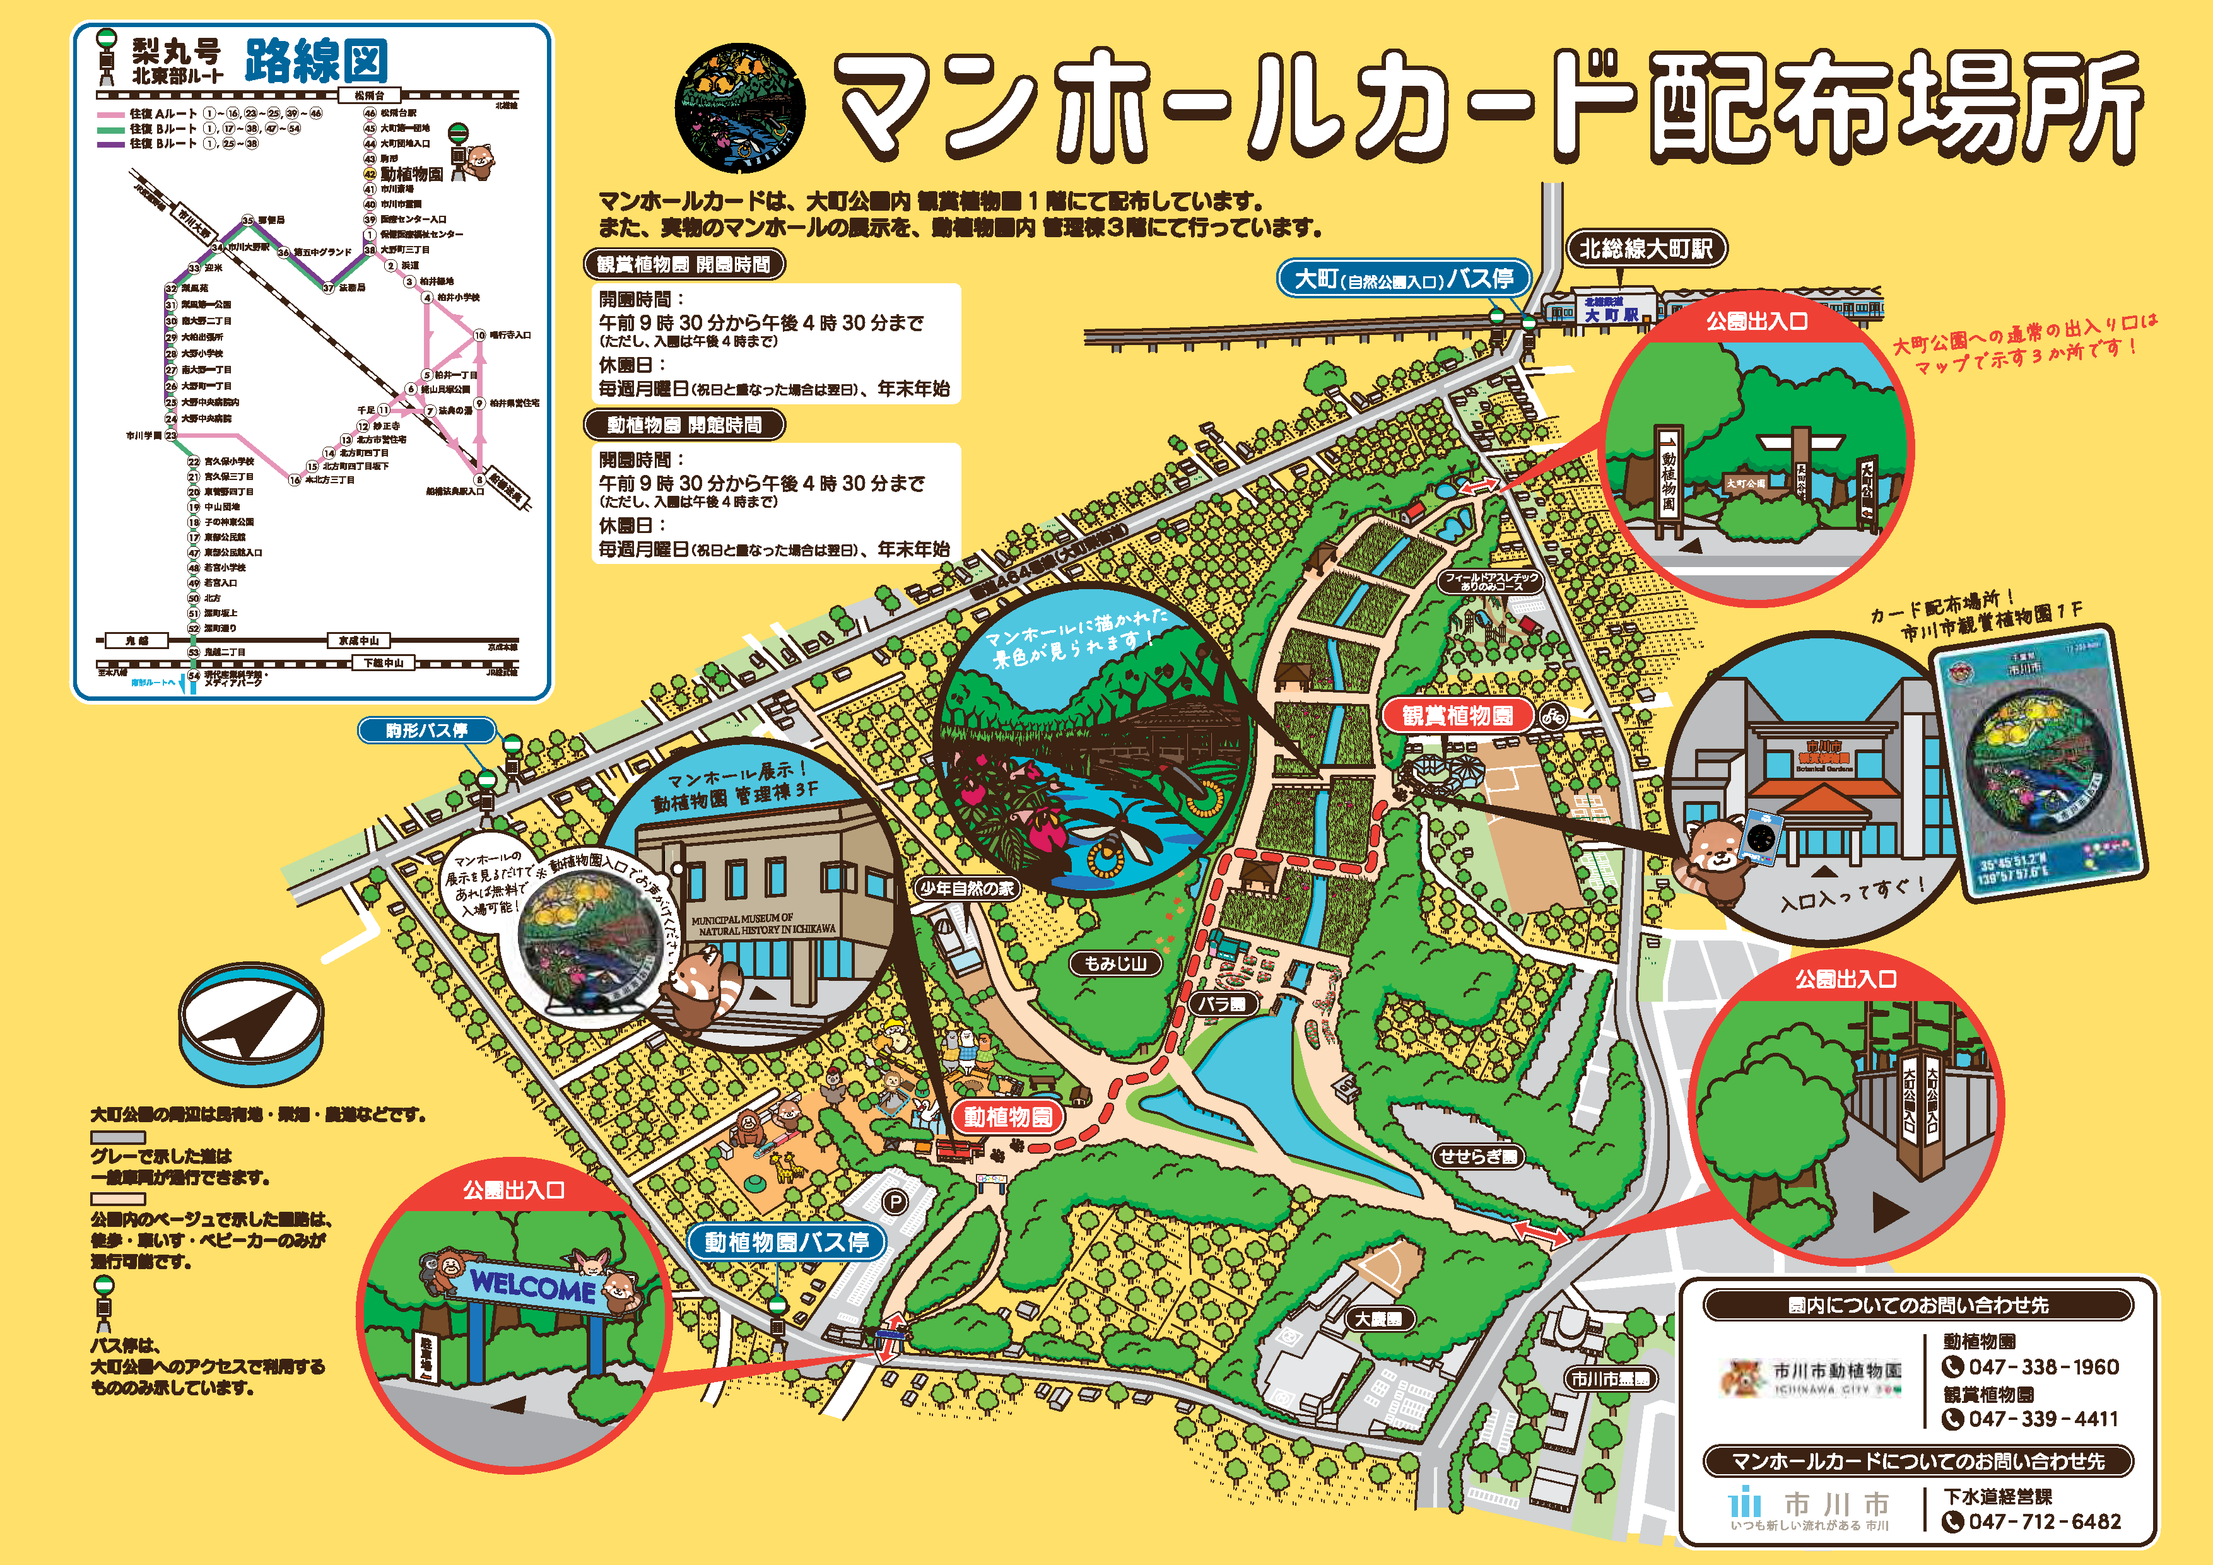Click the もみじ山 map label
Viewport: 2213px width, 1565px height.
(1116, 963)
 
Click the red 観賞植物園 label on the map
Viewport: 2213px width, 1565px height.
(1457, 715)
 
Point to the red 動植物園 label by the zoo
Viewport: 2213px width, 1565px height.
(1007, 1117)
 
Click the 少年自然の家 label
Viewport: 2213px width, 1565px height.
(966, 889)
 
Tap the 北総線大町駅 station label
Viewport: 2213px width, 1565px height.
(1645, 249)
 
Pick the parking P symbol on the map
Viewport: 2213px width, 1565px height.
(895, 1202)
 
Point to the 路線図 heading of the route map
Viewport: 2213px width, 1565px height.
(316, 62)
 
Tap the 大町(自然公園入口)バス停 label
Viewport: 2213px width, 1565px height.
(1404, 279)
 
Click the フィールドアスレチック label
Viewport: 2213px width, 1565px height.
(1491, 581)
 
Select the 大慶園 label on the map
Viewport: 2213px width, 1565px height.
(1378, 1319)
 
